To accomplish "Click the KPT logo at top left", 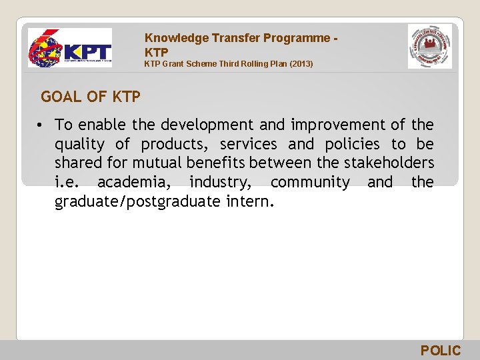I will [69, 48].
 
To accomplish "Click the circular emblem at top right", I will [429, 47].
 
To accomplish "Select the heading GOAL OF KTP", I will [91, 97].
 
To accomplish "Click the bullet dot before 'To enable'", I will [41, 125].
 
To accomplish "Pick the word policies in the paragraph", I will [352, 144].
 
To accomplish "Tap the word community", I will [310, 182].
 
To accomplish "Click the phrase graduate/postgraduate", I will [137, 201].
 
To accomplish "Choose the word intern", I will [249, 201].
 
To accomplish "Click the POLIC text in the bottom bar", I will [441, 351].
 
